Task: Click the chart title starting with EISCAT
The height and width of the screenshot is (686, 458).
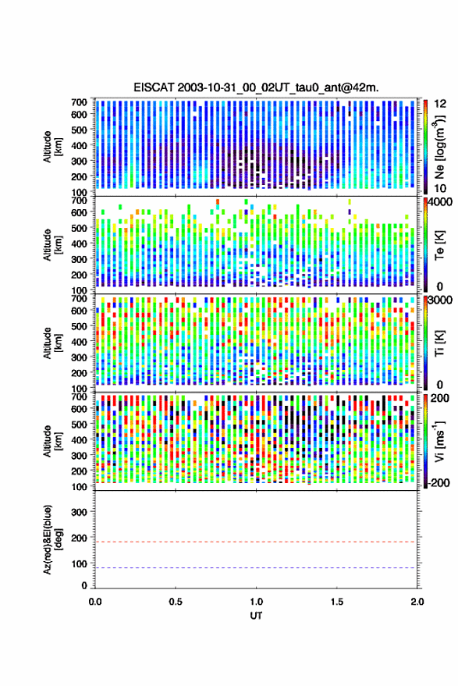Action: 256,87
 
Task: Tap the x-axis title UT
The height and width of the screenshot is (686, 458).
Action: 256,616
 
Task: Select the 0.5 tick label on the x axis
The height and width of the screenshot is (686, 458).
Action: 176,602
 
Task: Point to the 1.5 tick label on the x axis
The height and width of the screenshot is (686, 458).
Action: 337,602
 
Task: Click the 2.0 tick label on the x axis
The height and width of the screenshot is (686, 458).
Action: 417,602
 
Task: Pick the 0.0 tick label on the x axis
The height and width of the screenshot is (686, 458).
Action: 95,602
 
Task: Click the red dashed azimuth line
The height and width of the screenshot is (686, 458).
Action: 256,542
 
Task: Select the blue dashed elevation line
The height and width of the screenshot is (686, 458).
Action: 256,568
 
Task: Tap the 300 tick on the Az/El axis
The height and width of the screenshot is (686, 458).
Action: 79,512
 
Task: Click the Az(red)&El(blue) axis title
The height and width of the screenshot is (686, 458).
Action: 51,539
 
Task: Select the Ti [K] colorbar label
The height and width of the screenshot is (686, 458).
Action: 439,343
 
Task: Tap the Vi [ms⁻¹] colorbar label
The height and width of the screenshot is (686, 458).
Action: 439,441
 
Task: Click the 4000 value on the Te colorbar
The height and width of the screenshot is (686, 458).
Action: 441,203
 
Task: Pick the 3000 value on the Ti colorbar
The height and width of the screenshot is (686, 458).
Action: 441,300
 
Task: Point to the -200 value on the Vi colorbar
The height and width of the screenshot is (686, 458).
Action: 438,483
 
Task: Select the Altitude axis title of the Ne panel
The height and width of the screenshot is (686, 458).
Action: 52,147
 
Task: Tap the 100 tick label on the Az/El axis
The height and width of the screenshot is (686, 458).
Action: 79,563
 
